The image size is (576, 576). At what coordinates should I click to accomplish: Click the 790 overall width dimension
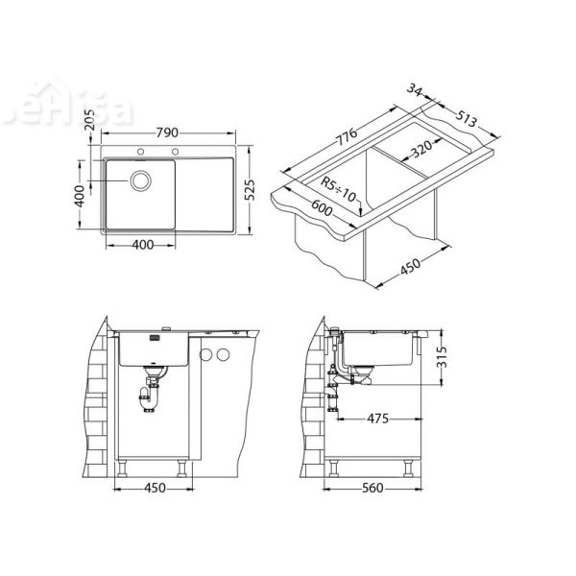167,133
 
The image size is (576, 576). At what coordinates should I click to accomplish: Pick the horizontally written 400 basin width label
141,246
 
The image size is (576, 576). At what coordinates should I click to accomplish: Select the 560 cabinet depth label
373,488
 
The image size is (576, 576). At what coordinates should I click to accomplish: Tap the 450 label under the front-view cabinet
154,488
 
